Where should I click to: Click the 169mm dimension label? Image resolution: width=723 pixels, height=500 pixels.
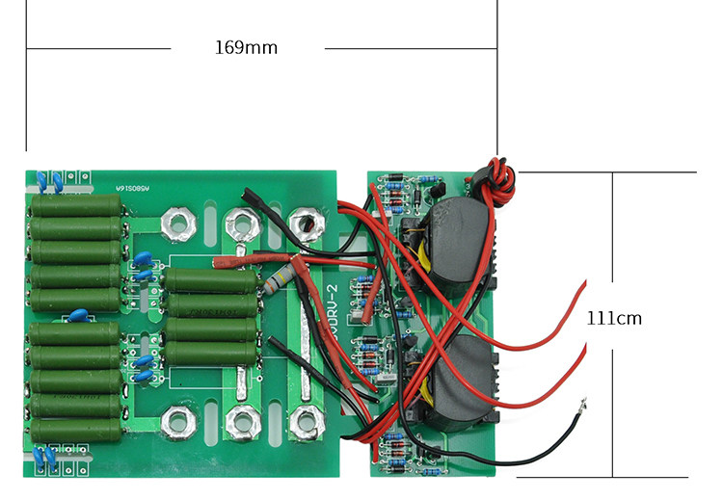coord(246,47)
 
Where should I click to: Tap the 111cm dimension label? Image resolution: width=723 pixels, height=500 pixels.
coord(614,318)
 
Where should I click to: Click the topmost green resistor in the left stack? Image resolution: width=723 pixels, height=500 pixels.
coord(76,205)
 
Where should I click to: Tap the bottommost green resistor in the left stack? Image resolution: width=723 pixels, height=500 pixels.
coord(76,429)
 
